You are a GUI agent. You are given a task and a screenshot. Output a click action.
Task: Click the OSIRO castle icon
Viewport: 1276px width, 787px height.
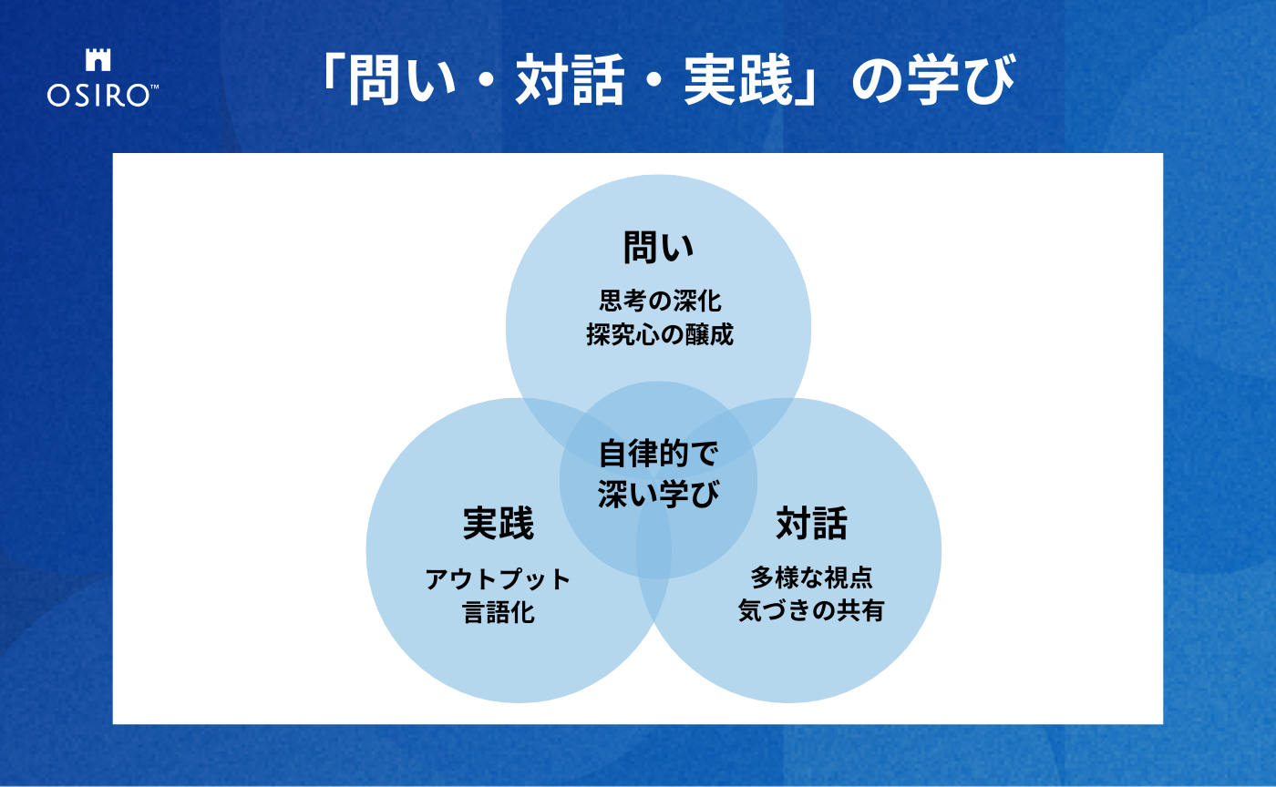click(98, 61)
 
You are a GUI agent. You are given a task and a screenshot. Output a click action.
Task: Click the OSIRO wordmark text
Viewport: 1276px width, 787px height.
click(98, 96)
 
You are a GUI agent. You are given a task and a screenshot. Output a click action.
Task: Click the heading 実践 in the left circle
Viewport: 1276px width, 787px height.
click(498, 524)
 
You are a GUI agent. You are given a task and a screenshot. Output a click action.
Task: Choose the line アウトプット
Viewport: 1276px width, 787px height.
click(498, 578)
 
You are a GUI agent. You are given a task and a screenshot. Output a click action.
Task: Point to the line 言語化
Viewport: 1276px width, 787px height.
click(498, 611)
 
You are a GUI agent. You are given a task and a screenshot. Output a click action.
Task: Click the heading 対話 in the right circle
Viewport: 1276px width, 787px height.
click(811, 524)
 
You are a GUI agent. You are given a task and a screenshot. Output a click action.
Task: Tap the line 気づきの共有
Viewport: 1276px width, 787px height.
click(811, 611)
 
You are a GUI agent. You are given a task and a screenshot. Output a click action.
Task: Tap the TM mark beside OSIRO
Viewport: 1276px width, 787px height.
click(154, 87)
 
